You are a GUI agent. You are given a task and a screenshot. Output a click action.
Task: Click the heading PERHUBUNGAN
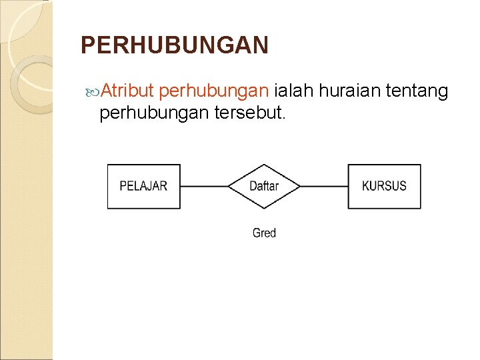(x=175, y=45)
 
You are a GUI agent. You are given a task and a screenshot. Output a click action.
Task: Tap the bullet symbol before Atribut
(x=93, y=91)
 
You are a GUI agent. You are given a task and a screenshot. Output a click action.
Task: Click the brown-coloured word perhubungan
(x=214, y=91)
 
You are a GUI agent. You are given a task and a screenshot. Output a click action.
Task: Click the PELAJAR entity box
(x=144, y=186)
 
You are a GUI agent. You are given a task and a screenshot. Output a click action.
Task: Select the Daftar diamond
(x=264, y=186)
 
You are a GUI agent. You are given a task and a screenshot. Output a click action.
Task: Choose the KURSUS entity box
(x=384, y=186)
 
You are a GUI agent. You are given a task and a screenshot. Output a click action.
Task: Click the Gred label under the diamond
(x=264, y=233)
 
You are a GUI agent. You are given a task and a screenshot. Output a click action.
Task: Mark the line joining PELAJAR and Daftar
(x=204, y=186)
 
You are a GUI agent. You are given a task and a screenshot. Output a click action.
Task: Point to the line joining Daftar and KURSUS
(x=324, y=186)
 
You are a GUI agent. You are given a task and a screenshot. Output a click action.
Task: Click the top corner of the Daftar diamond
(x=264, y=165)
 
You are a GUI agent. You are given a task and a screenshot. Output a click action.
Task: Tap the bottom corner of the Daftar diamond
(x=264, y=208)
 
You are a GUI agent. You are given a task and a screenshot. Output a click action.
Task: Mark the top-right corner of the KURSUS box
(x=421, y=165)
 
